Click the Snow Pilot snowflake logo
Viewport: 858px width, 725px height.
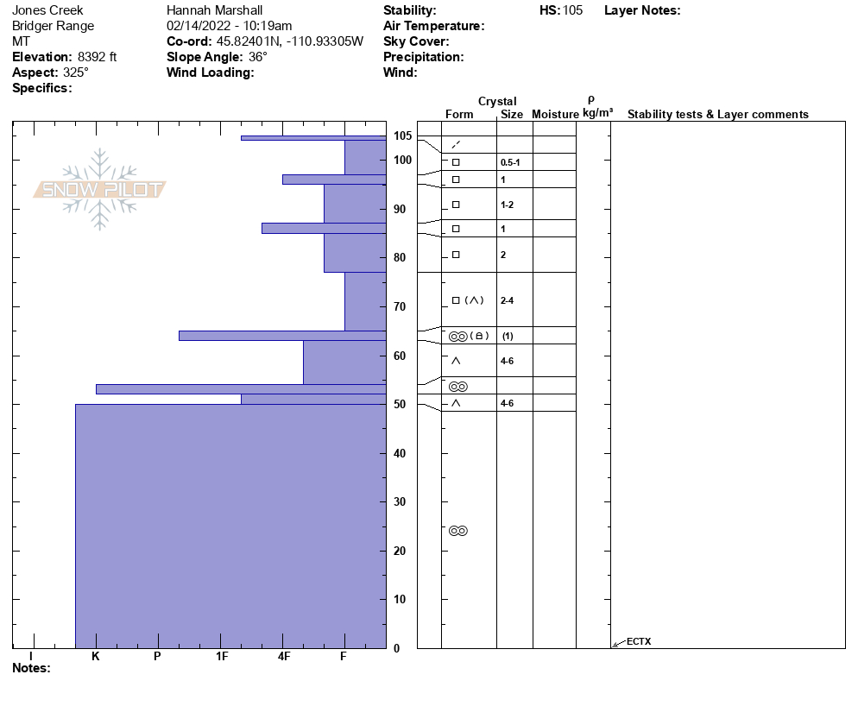(100, 190)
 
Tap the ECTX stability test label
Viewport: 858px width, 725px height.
(639, 641)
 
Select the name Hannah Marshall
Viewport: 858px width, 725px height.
(214, 10)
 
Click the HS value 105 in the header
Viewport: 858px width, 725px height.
(572, 10)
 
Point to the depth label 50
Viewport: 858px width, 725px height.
(400, 405)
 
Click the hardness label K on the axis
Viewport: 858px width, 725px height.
(96, 657)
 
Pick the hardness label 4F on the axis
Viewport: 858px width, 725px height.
(284, 657)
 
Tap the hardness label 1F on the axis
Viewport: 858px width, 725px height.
(222, 657)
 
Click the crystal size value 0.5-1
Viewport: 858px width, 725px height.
(510, 163)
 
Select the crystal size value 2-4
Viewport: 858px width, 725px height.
(507, 300)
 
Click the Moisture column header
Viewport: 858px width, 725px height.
(555, 115)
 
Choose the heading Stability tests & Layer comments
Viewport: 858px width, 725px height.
(717, 115)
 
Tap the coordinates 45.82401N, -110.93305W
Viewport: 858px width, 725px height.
(290, 41)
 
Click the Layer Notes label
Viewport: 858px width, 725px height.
(642, 10)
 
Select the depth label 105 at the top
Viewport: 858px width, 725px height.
(402, 136)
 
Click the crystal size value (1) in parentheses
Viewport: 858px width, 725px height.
(508, 337)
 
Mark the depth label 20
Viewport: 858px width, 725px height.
(400, 552)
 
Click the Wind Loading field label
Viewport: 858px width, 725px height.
(210, 72)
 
